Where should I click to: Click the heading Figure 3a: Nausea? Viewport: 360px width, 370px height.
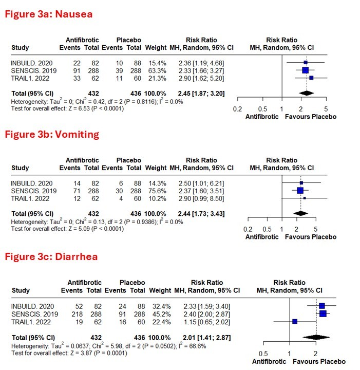pos(49,14)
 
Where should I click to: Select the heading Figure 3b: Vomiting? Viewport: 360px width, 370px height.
pos(52,135)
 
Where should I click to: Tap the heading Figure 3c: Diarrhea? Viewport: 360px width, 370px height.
pos(51,256)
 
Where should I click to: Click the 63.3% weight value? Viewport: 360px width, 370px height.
pos(156,70)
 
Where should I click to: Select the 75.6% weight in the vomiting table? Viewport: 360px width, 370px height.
pos(156,190)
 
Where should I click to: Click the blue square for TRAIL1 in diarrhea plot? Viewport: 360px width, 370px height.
pos(295,322)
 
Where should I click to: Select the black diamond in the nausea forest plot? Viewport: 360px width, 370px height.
pos(306,93)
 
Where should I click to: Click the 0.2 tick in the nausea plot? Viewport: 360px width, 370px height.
pos(237,109)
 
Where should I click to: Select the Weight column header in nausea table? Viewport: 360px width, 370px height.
pos(156,48)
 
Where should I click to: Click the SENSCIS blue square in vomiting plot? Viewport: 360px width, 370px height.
pos(300,190)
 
